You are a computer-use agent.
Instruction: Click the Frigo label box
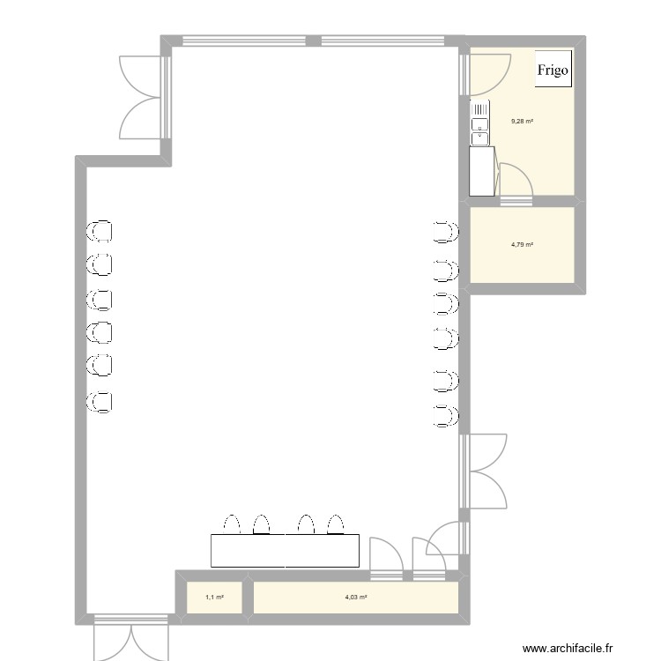[553, 70]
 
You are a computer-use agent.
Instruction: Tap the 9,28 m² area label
[523, 122]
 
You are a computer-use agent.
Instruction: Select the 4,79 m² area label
[523, 245]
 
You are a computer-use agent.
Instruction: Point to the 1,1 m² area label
[214, 598]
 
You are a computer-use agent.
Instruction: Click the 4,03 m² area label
[356, 598]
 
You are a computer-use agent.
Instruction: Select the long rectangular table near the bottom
[286, 550]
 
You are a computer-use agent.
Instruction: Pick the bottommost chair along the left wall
[100, 401]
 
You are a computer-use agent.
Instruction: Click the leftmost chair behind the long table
[233, 524]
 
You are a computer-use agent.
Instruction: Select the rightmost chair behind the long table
[335, 524]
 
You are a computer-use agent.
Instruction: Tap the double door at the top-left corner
[142, 95]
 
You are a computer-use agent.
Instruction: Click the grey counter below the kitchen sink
[482, 171]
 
